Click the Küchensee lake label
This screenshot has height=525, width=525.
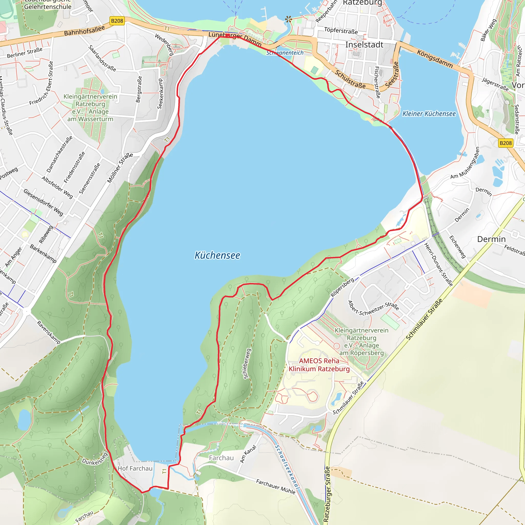pos(217,255)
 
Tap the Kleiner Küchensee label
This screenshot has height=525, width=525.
pos(429,114)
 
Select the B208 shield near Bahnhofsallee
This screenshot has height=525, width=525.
pos(117,21)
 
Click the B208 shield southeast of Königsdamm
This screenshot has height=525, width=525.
pos(506,143)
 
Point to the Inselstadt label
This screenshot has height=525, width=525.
pos(364,45)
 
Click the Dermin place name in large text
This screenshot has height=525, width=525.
pos(491,239)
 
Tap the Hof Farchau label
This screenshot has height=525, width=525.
pos(135,469)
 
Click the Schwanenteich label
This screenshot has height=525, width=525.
pos(285,53)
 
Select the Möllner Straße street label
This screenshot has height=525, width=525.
pos(119,168)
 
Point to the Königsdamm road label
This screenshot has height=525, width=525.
pos(435,59)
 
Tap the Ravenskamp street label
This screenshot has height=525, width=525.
pos(48,332)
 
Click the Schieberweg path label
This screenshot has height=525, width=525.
pos(246,363)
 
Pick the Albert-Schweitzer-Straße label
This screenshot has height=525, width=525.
pos(373,308)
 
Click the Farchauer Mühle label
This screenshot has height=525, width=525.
pos(275,486)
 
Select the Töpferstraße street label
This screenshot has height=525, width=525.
pos(341,31)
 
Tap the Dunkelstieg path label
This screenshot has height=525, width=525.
pos(95,459)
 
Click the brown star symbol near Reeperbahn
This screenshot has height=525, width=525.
pos(288,19)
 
